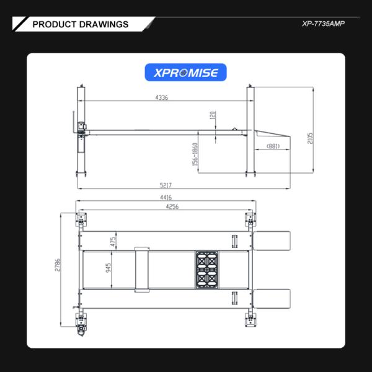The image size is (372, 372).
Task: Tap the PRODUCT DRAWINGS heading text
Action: click(80, 24)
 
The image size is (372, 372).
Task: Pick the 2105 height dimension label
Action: click(309, 137)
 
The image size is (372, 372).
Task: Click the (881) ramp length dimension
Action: click(273, 146)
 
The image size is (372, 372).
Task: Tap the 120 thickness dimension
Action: click(212, 117)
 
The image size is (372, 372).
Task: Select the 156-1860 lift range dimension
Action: click(195, 154)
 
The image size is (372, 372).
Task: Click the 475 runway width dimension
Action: click(113, 241)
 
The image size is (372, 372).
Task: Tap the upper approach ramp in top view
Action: click(273, 240)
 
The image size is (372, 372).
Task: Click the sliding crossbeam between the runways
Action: click(141, 268)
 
